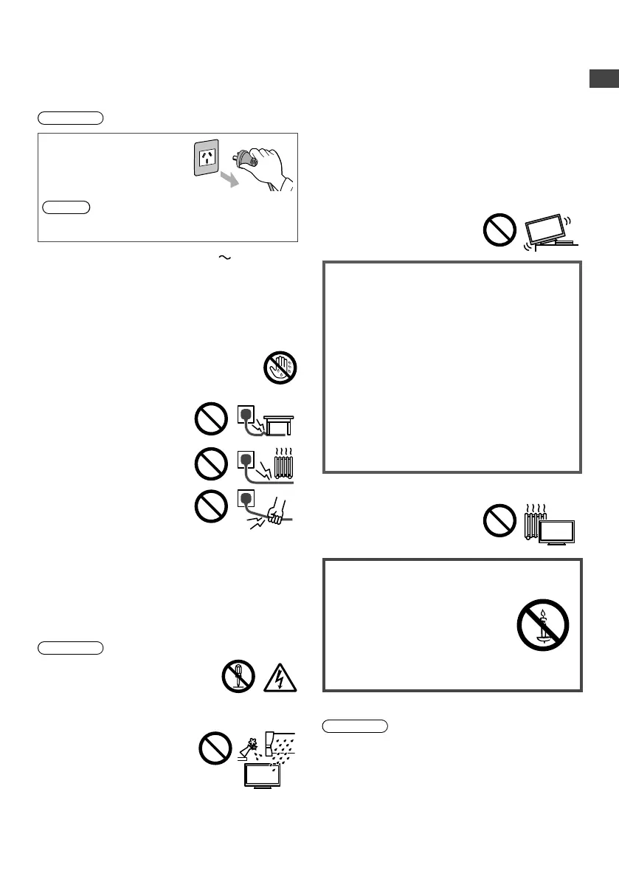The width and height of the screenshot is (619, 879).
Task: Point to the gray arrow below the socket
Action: click(x=230, y=179)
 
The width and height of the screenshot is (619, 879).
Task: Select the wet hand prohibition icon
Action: click(x=280, y=368)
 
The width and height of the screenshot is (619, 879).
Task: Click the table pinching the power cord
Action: click(x=277, y=424)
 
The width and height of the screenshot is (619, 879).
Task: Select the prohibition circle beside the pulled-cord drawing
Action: click(x=211, y=509)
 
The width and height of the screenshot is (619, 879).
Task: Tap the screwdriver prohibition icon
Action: click(x=238, y=676)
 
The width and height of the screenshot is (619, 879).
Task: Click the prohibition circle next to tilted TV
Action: click(x=499, y=230)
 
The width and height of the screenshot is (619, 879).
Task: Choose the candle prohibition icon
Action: click(x=542, y=625)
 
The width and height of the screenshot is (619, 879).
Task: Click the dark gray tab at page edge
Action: click(x=604, y=79)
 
